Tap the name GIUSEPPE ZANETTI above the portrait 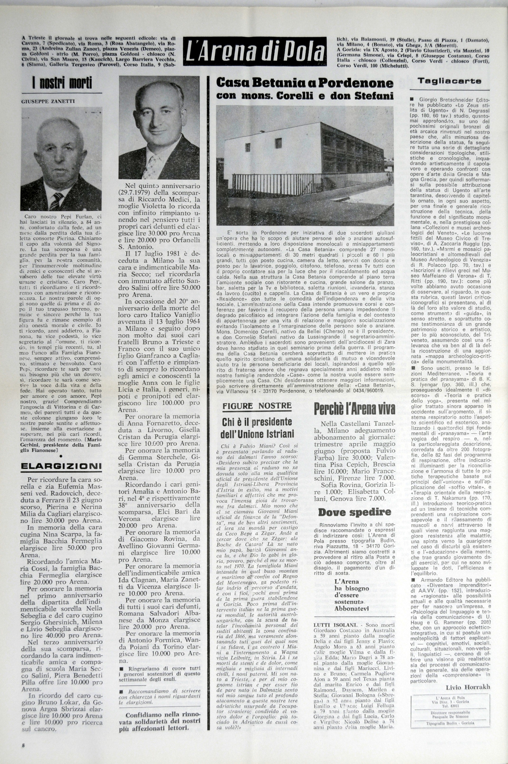pyautogui.click(x=48, y=101)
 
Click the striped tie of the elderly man pyautogui.click(x=56, y=201)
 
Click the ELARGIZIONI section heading pyautogui.click(x=61, y=466)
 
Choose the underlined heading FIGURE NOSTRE pyautogui.click(x=257, y=406)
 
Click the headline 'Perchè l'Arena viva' pyautogui.click(x=354, y=410)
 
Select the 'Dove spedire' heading pyautogui.click(x=354, y=512)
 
